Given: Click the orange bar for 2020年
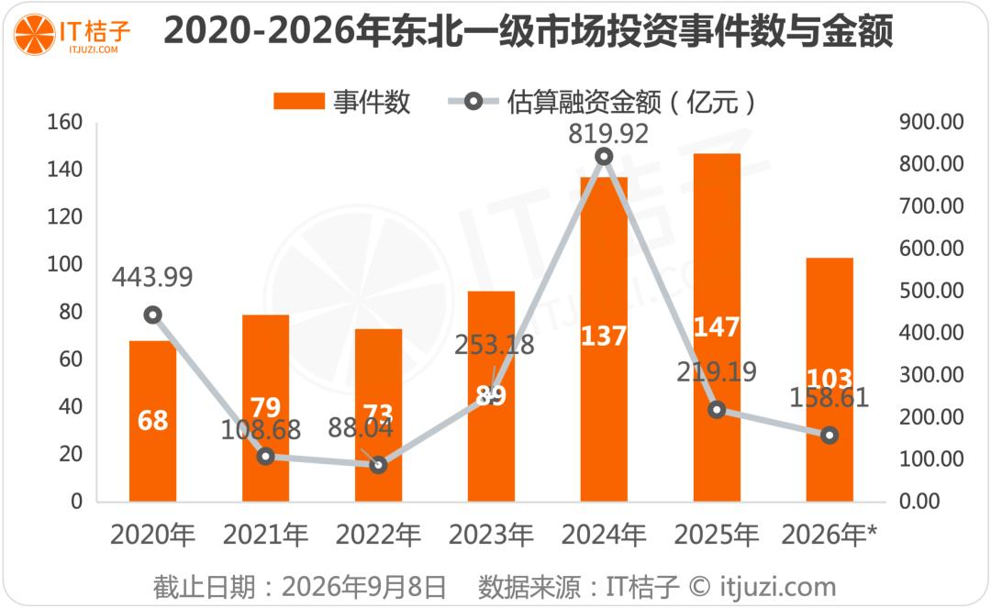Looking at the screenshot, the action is (152, 421).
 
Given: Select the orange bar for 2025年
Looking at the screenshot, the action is (717, 327).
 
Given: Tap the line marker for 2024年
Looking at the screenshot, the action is (604, 157).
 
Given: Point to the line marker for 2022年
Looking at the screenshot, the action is (378, 465).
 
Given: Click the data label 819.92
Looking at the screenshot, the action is (608, 134).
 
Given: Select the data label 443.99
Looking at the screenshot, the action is (152, 277).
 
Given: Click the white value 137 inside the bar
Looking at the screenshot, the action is (604, 336).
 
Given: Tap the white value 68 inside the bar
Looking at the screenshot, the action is (152, 421).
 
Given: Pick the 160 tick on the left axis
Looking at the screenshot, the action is (64, 122).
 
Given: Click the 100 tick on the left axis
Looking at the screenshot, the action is (64, 264).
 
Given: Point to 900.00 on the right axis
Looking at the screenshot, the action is (931, 122).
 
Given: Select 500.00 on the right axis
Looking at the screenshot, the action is (931, 291).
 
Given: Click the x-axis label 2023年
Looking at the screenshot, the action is (491, 536).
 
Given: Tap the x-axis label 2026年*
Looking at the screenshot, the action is (830, 536).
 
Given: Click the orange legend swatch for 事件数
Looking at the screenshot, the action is (299, 101).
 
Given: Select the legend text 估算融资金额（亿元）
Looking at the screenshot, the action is (631, 102).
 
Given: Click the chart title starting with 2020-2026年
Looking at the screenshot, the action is (529, 31).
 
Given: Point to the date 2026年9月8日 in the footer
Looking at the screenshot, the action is (363, 587).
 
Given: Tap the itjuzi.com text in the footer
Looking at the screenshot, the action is (777, 587).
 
